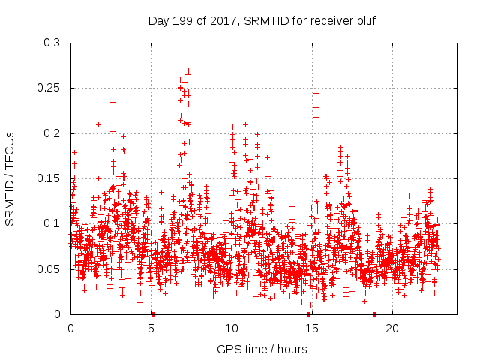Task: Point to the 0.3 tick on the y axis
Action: tap(52, 43)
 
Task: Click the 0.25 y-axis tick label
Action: tap(49, 88)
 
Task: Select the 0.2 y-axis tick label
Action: tap(52, 133)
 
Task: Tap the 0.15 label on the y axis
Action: tap(49, 178)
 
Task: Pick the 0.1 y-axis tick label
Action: tap(52, 223)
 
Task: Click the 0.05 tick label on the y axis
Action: tap(49, 268)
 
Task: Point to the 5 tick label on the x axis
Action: tap(151, 328)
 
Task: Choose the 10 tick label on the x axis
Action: tap(232, 328)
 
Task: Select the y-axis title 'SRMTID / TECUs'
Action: tap(10, 178)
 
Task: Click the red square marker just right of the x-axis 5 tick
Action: tap(153, 314)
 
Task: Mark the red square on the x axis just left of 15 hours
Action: tap(308, 314)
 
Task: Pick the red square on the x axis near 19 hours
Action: tap(375, 314)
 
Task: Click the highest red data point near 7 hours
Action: tap(189, 70)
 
